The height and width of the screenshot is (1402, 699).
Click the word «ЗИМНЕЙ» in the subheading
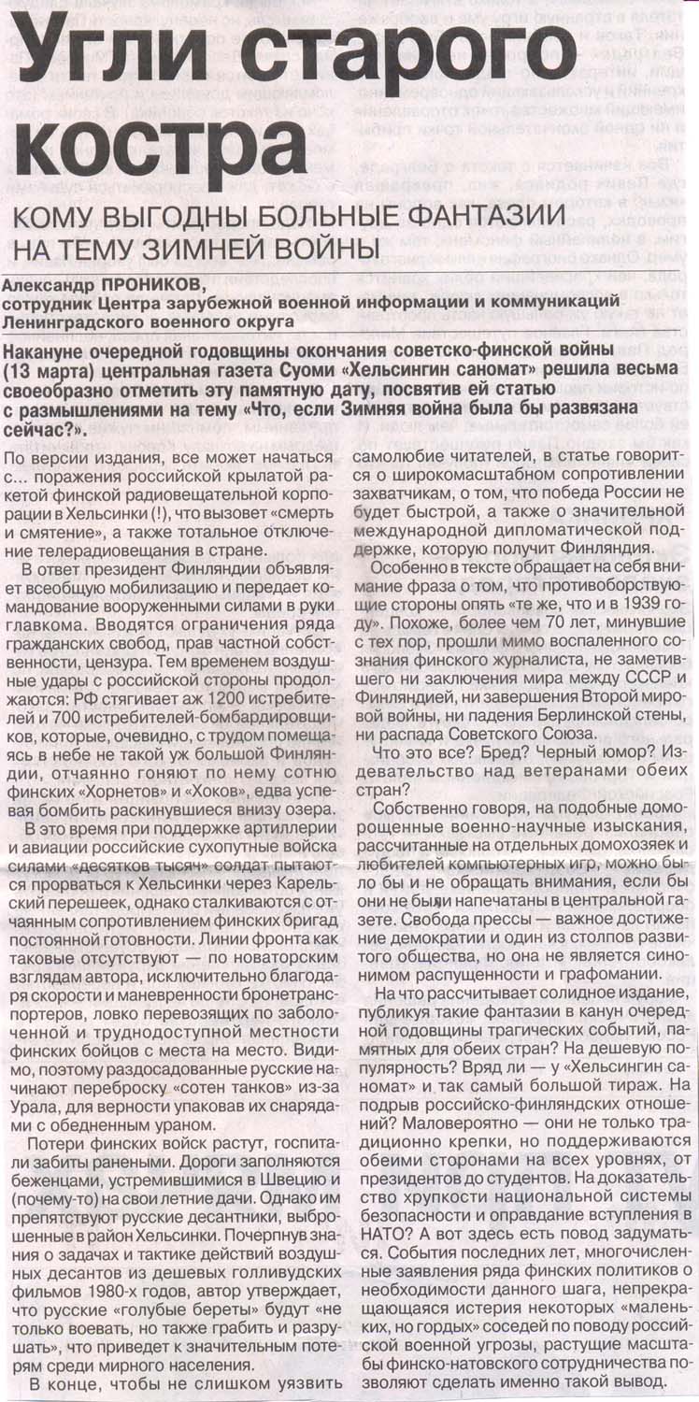coord(208,250)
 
